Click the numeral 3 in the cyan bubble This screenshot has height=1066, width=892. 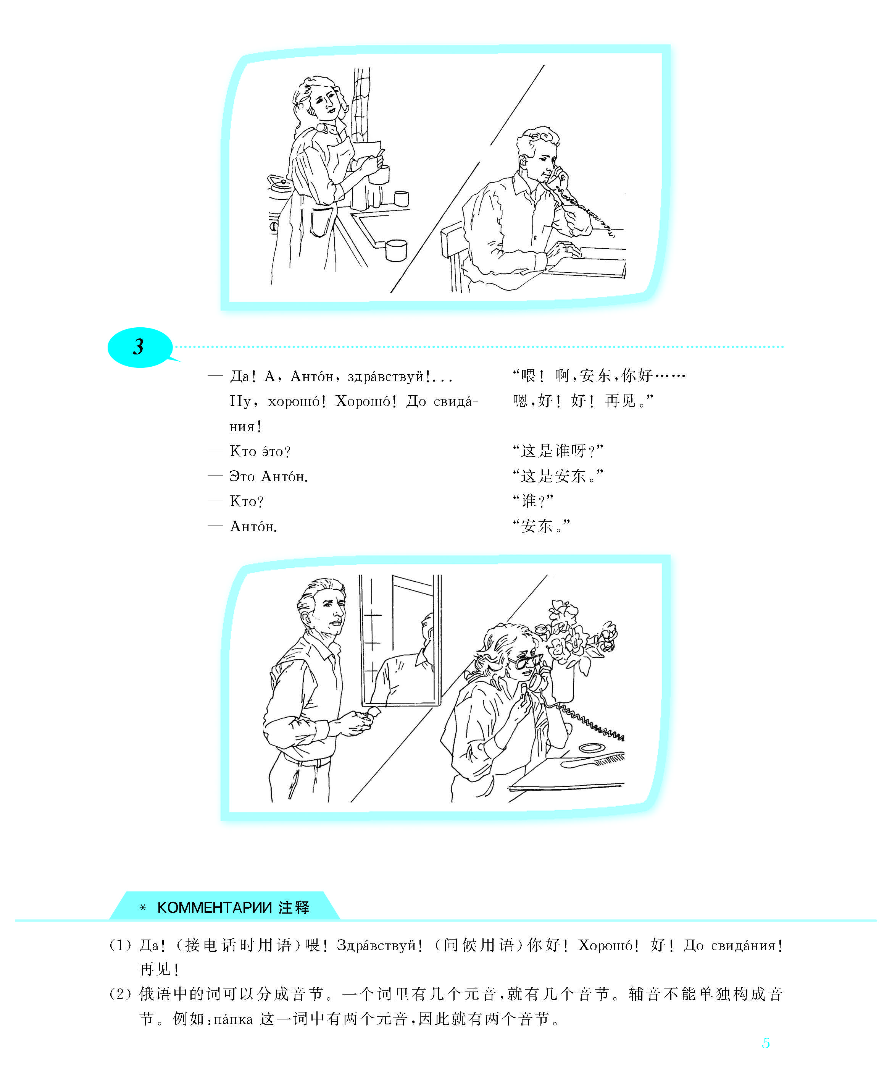[x=139, y=347]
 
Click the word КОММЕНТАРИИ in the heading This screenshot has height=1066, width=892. [x=215, y=907]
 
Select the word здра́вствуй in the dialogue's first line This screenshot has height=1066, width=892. [x=385, y=376]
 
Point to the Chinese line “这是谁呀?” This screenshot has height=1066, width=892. [x=558, y=450]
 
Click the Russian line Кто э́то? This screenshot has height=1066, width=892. [x=260, y=451]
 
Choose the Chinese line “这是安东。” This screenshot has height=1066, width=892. [x=558, y=476]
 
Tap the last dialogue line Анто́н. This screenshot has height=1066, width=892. [x=253, y=526]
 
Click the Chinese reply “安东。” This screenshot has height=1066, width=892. [x=541, y=526]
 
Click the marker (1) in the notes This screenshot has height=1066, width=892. [x=120, y=945]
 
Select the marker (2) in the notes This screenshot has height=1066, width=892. [x=120, y=993]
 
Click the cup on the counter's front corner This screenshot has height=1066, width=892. [x=396, y=250]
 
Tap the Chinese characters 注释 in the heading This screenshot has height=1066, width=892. [x=294, y=907]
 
